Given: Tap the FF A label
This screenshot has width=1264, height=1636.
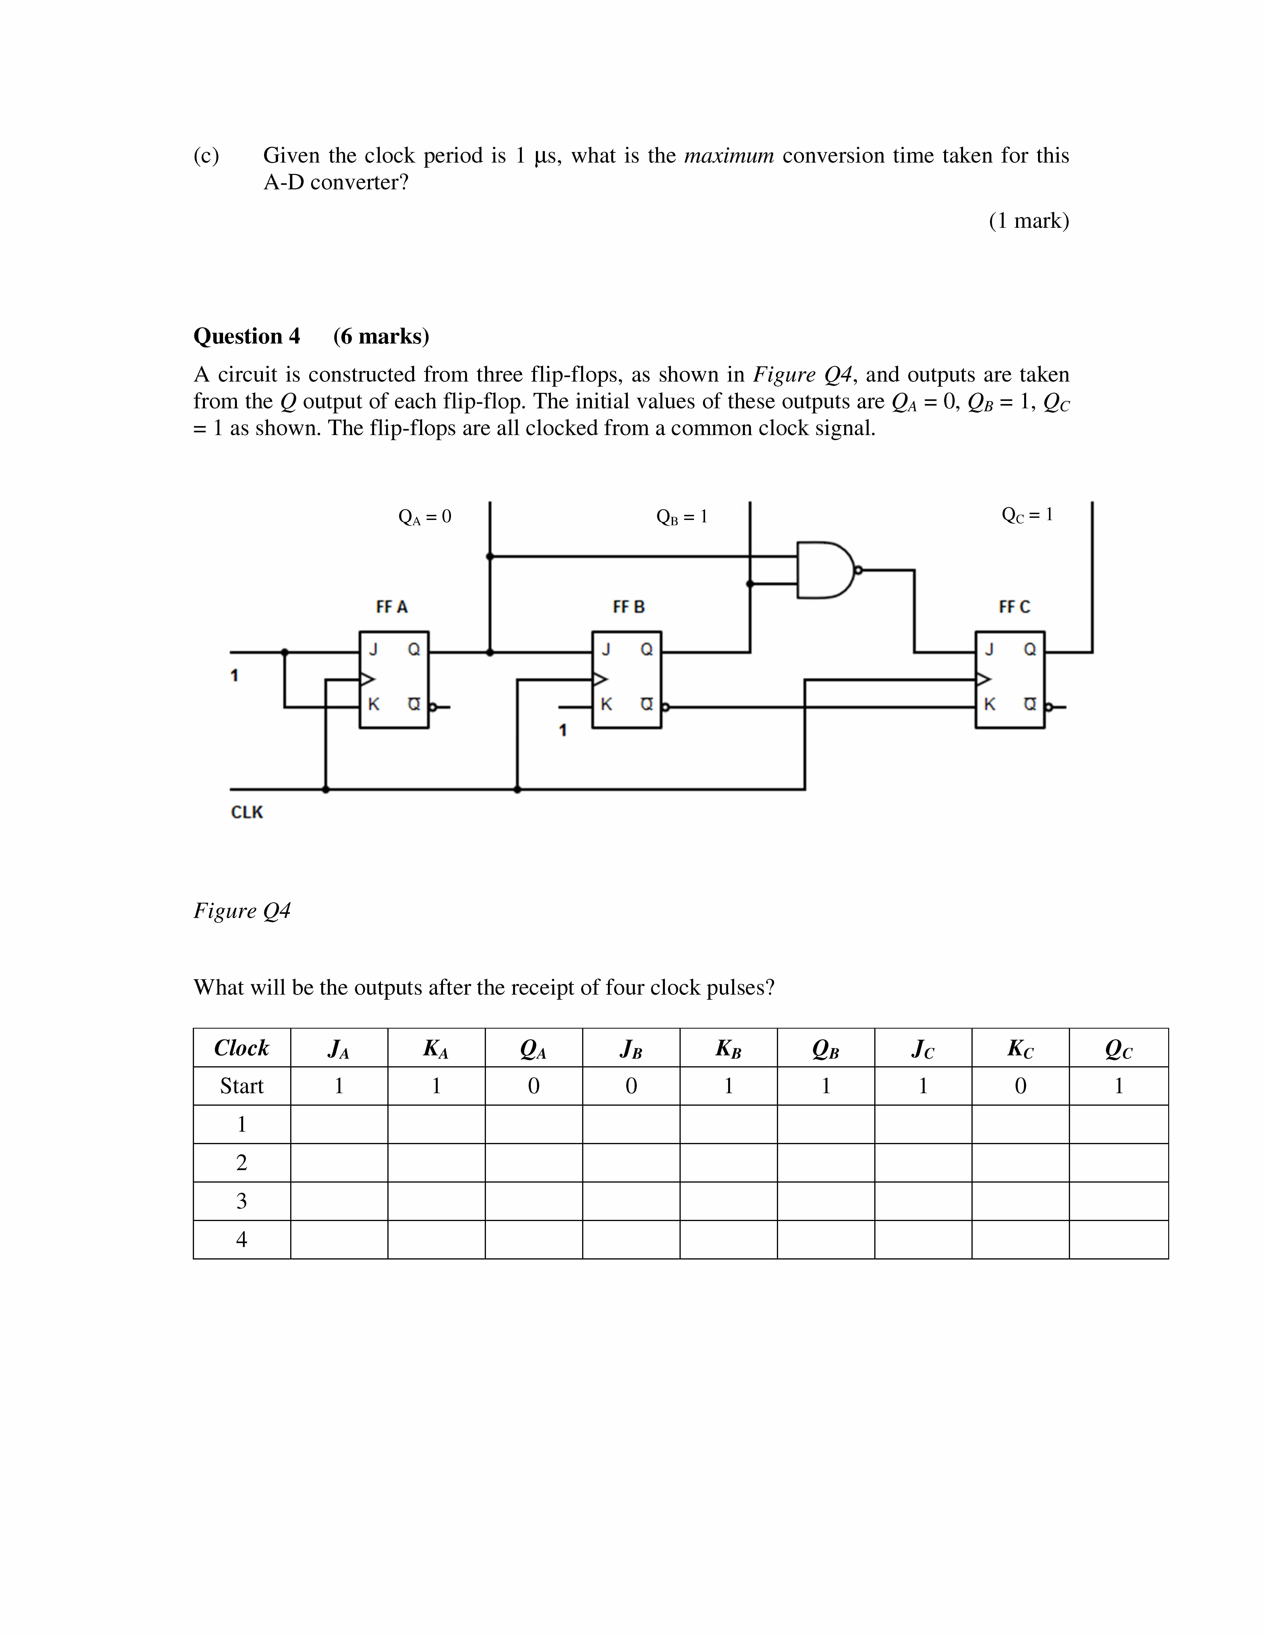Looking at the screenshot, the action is point(392,607).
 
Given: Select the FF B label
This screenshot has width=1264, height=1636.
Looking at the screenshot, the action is point(628,607).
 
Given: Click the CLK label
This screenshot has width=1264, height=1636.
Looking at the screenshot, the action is point(246,812).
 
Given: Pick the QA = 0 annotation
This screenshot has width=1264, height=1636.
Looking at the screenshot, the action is point(425,517).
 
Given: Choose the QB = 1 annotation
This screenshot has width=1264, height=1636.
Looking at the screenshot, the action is point(681,517).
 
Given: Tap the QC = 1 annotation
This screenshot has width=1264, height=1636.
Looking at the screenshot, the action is point(1027,515).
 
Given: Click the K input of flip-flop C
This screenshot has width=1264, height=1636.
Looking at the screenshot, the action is point(989,704).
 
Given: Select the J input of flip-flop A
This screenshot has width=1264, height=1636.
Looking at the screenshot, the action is point(373,649).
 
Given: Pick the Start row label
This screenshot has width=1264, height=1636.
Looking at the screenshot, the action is point(241,1086).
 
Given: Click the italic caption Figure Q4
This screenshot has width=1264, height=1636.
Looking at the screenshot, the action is point(242,911).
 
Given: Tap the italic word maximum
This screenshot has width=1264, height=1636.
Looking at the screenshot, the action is point(729,156).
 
